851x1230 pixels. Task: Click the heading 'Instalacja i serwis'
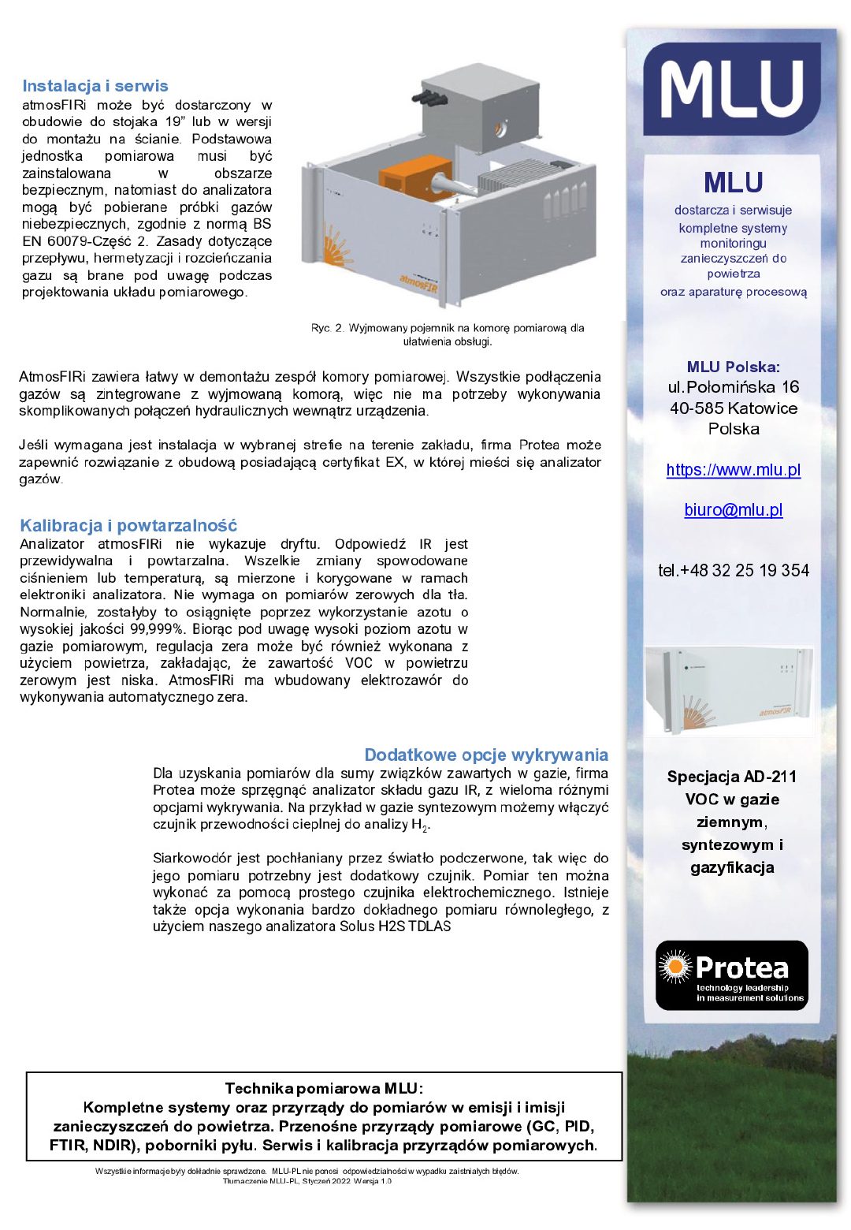pos(95,86)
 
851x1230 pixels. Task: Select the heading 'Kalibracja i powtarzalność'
pos(128,525)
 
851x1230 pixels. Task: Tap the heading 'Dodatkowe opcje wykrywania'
pos(485,755)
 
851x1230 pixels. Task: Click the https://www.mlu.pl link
pos(733,470)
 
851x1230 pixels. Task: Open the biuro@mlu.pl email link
pos(733,510)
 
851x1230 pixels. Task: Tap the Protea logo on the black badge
pos(732,975)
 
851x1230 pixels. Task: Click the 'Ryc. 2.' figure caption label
pos(327,328)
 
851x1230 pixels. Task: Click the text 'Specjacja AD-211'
pos(732,777)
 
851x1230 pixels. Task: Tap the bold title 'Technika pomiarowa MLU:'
pos(324,1089)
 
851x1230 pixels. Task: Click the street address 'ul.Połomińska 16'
pos(733,387)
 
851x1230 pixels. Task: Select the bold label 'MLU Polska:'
pos(733,367)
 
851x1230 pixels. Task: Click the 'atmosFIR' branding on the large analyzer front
pos(418,278)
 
